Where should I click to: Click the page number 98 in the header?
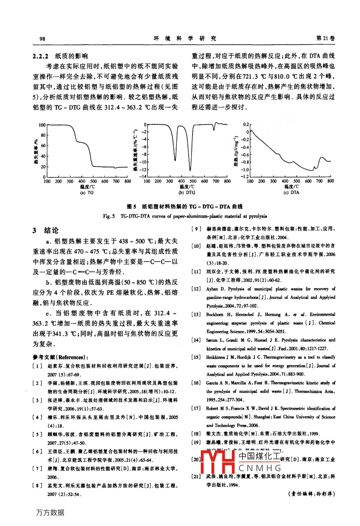pos(43,39)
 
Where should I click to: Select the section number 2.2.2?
pos(41,56)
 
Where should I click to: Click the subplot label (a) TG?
pos(87,192)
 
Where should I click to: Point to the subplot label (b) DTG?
pos(186,192)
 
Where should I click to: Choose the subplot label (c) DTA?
pos(291,192)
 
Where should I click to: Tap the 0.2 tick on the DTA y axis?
pos(246,124)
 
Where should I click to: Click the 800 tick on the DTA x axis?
pos(331,181)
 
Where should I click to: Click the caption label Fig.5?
pos(109,216)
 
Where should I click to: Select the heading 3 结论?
pos(45,230)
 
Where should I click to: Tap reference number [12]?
pos(196,289)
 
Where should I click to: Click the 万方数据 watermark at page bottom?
pos(50,512)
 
